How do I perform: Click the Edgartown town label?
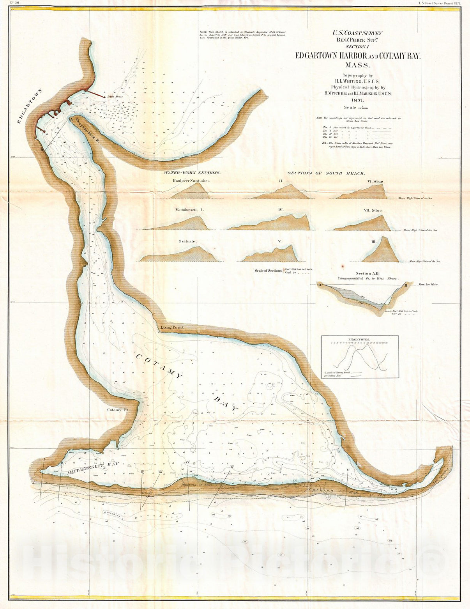pos(30,106)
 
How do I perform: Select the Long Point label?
pos(172,327)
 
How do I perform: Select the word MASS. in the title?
pos(357,66)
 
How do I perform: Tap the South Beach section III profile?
pos(380,251)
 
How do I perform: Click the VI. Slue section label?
pos(375,181)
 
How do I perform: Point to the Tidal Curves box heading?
pos(359,340)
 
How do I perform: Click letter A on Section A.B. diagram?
pos(320,285)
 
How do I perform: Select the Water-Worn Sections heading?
pos(192,172)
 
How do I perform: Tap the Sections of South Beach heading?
pos(326,173)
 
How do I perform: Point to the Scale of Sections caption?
pos(268,270)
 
